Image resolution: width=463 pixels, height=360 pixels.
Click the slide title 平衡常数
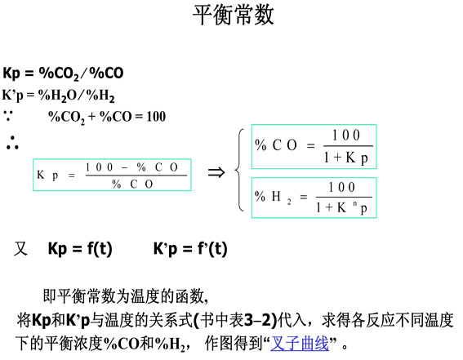tap(234, 15)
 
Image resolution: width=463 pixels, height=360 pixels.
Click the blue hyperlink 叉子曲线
tap(300, 343)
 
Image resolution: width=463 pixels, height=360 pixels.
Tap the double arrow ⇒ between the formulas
tap(216, 172)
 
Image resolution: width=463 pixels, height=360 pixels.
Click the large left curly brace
tap(239, 171)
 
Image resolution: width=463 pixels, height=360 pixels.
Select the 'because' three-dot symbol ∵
tap(8, 115)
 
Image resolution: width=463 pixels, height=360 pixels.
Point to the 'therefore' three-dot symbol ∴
tap(12, 143)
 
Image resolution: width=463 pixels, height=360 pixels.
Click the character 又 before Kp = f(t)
tap(20, 249)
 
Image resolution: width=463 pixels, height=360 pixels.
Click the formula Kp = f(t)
tap(80, 249)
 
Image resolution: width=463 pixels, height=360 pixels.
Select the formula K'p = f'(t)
tap(190, 249)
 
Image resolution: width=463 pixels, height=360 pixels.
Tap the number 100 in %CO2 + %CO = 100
tap(156, 117)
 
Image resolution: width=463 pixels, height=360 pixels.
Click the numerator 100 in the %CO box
tap(346, 136)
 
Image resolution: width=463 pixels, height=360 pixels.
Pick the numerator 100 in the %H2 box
tap(341, 187)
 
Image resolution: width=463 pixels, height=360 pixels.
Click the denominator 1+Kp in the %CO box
tap(346, 158)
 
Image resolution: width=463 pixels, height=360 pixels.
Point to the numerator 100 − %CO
tap(131, 167)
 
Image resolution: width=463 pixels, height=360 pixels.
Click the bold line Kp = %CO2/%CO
tap(63, 73)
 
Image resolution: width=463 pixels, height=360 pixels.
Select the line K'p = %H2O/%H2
tap(59, 96)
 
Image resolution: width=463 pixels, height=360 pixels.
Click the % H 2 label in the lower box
tap(273, 197)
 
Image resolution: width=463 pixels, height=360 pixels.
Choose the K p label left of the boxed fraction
tap(47, 175)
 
